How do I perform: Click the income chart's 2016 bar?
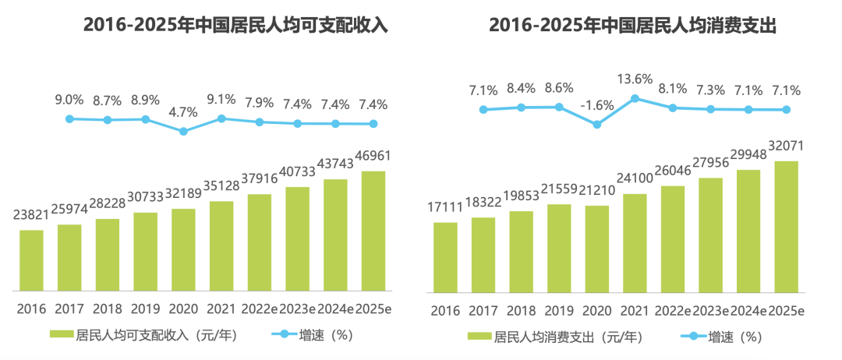pyautogui.click(x=31, y=259)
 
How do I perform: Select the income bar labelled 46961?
pyautogui.click(x=373, y=230)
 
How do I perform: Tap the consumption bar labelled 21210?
pyautogui.click(x=597, y=249)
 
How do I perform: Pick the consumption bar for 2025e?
pyautogui.click(x=787, y=227)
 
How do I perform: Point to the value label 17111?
pyautogui.click(x=445, y=207)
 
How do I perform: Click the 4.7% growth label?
pyautogui.click(x=184, y=113)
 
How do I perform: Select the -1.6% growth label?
pyautogui.click(x=597, y=105)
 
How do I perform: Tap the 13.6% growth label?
pyautogui.click(x=635, y=79)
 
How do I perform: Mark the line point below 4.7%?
pyautogui.click(x=184, y=131)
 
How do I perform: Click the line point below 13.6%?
pyautogui.click(x=635, y=98)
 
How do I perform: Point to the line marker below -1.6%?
pyautogui.click(x=597, y=124)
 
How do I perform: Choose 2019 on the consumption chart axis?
pyautogui.click(x=559, y=310)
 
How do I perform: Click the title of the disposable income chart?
pyautogui.click(x=235, y=25)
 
